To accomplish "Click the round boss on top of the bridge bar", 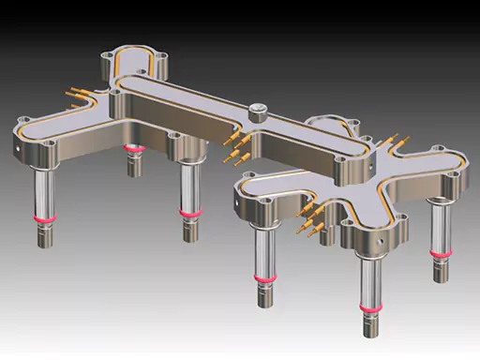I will click(258, 111).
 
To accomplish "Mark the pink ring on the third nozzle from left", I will click(190, 213).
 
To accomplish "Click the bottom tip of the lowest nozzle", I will click(369, 336).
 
